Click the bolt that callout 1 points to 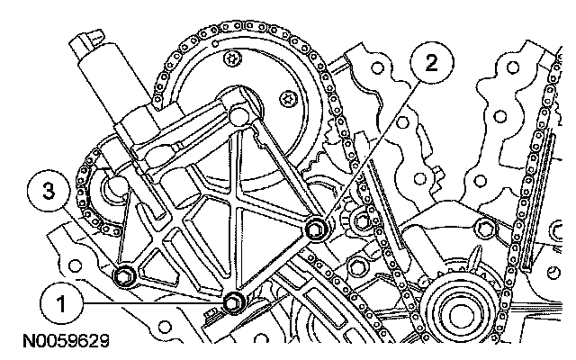(236, 302)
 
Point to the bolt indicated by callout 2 (316, 229)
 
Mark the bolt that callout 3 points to (125, 275)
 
